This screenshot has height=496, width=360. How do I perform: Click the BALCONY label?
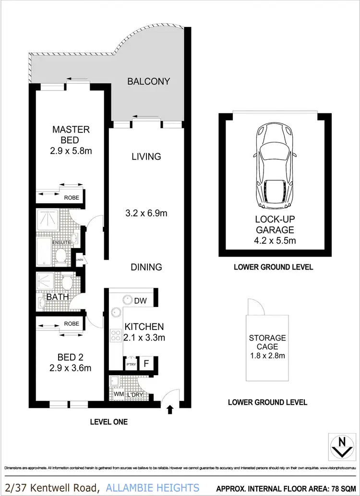click(x=148, y=82)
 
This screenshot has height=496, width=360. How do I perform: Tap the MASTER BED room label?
click(x=71, y=134)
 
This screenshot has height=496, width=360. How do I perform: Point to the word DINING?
click(x=146, y=267)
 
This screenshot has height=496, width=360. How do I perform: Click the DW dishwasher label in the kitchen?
click(x=141, y=301)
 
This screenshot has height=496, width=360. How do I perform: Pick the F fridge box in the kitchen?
click(x=146, y=363)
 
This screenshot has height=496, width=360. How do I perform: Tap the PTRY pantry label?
click(x=131, y=365)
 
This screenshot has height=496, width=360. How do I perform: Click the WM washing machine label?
click(x=118, y=394)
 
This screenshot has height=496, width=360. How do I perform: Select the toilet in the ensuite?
click(x=60, y=259)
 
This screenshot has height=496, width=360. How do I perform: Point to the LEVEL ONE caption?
click(x=109, y=422)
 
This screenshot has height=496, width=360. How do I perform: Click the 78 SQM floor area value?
click(x=342, y=487)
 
